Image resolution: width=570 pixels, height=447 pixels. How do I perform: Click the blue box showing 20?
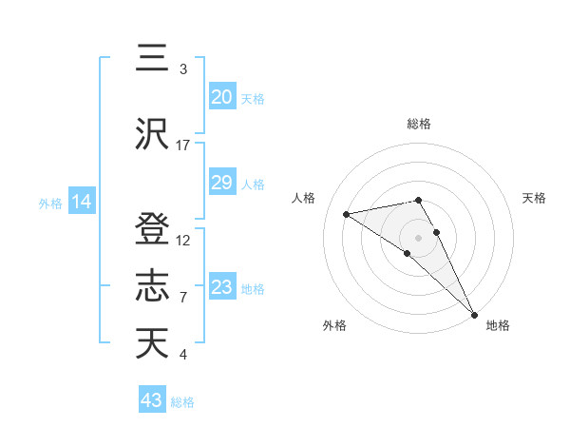(x=221, y=96)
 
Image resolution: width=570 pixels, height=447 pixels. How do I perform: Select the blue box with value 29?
(x=221, y=183)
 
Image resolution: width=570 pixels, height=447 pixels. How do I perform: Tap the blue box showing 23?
(x=221, y=287)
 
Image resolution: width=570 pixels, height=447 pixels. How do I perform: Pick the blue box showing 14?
(x=81, y=202)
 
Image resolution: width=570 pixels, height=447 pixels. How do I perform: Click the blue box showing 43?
(x=151, y=400)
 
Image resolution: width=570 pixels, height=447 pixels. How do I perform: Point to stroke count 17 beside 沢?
(x=183, y=146)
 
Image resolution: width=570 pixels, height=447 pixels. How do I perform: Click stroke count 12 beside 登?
(x=183, y=240)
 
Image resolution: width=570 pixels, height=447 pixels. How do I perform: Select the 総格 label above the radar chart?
(x=419, y=124)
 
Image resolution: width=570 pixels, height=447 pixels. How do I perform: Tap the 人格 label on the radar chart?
(x=304, y=198)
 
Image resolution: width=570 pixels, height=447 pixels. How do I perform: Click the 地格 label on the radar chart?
(x=498, y=325)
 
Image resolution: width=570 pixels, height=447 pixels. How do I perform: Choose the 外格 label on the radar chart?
(x=334, y=325)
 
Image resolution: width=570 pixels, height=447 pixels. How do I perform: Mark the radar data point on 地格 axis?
(x=474, y=314)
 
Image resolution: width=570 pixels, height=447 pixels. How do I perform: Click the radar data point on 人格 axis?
(x=347, y=214)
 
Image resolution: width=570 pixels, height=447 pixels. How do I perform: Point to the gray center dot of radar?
(x=419, y=236)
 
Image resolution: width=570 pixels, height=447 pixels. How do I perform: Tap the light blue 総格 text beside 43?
(x=183, y=402)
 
